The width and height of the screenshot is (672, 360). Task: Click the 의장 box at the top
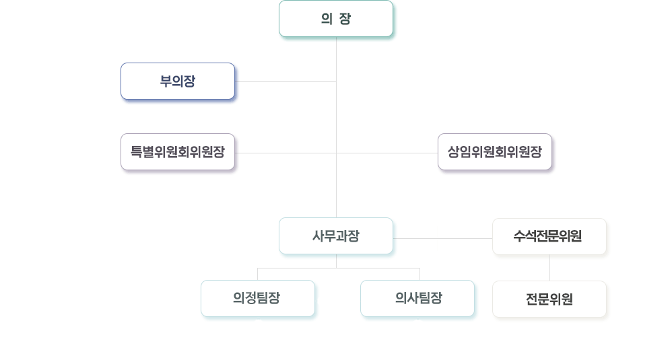pyautogui.click(x=336, y=19)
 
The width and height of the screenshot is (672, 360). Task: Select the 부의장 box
pyautogui.click(x=178, y=81)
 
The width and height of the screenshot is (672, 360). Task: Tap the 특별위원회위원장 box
pyautogui.click(x=178, y=152)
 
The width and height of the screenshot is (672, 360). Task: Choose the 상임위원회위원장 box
pyautogui.click(x=495, y=152)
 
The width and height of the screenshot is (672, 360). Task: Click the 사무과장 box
pyautogui.click(x=336, y=236)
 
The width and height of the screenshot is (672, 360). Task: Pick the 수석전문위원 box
pyautogui.click(x=549, y=237)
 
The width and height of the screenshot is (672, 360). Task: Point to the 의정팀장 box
pyautogui.click(x=258, y=299)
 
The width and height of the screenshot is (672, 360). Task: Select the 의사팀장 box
pyautogui.click(x=417, y=299)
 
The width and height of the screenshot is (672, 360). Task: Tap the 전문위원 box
pyautogui.click(x=549, y=299)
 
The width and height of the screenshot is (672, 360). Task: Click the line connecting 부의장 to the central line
pyautogui.click(x=285, y=81)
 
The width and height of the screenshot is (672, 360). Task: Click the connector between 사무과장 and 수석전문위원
pyautogui.click(x=442, y=238)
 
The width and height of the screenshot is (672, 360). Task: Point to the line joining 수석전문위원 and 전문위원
pyautogui.click(x=549, y=268)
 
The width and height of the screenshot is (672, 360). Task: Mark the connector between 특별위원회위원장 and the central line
pyautogui.click(x=285, y=153)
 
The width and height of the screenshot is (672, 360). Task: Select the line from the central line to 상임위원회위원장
pyautogui.click(x=387, y=153)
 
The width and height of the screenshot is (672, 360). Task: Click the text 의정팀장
pyautogui.click(x=257, y=298)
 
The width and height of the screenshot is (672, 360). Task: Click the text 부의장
pyautogui.click(x=178, y=81)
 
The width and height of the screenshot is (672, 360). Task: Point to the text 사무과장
pyautogui.click(x=336, y=236)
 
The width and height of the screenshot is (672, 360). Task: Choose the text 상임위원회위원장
pyautogui.click(x=495, y=152)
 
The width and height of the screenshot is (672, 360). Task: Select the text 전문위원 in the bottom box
pyautogui.click(x=549, y=299)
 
